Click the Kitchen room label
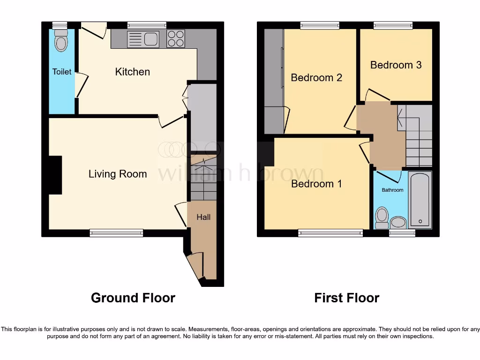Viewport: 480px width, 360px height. (133, 72)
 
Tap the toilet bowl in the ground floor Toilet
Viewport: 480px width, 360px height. (61, 42)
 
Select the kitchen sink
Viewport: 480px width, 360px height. (143, 39)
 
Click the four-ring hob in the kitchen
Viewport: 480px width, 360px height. (176, 38)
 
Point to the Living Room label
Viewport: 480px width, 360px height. (118, 174)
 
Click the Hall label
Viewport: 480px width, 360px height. (203, 217)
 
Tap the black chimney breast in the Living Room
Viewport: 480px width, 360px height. (55, 175)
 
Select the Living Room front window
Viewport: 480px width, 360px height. (116, 232)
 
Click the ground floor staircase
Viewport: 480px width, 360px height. (203, 180)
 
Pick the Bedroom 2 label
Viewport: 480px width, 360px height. (316, 77)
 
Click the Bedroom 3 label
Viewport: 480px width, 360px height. (396, 65)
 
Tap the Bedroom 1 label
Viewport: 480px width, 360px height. (316, 184)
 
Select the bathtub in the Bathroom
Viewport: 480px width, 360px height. (420, 200)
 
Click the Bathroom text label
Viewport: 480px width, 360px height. (392, 190)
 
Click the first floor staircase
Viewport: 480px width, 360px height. (418, 136)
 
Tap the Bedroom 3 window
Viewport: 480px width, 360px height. (393, 25)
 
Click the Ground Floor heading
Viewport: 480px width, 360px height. (133, 298)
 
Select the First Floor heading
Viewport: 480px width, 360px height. (346, 298)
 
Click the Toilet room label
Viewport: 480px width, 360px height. (62, 72)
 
